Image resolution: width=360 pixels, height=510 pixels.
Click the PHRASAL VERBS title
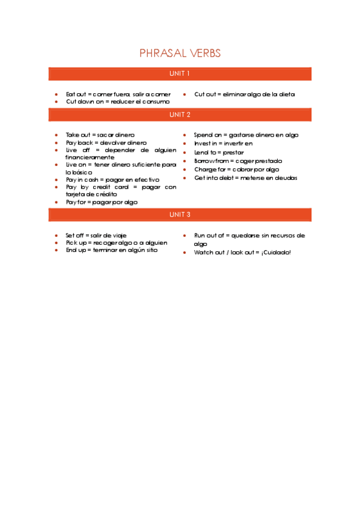click(x=180, y=54)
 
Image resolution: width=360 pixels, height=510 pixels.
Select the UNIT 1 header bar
click(x=180, y=74)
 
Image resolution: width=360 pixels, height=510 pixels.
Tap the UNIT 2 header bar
click(x=180, y=114)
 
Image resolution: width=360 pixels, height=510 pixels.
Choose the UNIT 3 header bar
click(x=180, y=215)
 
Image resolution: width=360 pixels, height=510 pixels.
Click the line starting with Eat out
click(x=118, y=94)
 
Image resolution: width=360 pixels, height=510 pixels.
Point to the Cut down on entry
click(x=118, y=102)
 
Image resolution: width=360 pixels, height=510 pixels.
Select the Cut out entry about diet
click(x=244, y=94)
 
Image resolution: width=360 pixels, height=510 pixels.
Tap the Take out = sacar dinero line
click(x=100, y=135)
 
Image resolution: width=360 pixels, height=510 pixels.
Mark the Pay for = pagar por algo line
click(x=101, y=202)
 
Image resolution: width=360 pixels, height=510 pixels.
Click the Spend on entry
click(x=246, y=135)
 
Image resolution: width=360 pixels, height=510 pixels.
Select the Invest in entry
click(x=223, y=144)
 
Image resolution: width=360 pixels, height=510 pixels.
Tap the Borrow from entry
click(x=237, y=161)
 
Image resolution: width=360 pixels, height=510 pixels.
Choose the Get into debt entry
click(x=245, y=178)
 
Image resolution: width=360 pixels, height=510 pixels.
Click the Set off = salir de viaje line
click(x=96, y=235)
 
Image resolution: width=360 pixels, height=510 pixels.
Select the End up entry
click(x=111, y=250)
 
